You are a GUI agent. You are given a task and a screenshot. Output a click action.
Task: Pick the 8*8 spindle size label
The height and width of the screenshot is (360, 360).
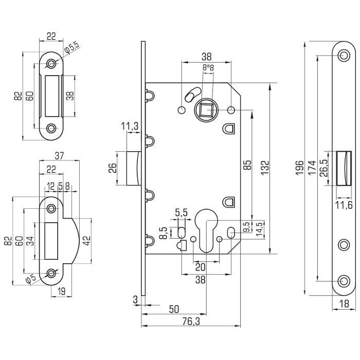coord(208,67)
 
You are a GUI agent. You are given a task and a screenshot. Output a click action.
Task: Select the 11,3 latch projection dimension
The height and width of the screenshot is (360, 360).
coord(131,125)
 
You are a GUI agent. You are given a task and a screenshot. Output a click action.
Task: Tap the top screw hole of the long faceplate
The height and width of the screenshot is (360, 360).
coord(344,55)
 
